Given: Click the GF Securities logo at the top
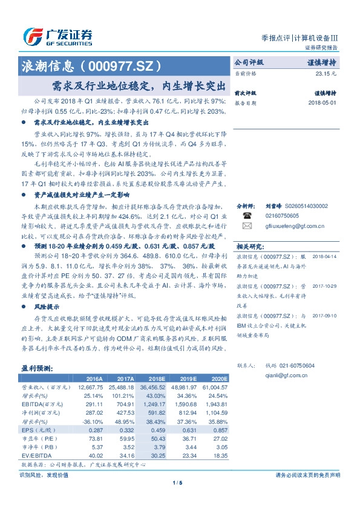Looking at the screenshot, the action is [57, 36].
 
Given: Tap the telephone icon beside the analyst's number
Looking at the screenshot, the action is [246, 215].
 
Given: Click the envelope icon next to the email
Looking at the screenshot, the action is [246, 226].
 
